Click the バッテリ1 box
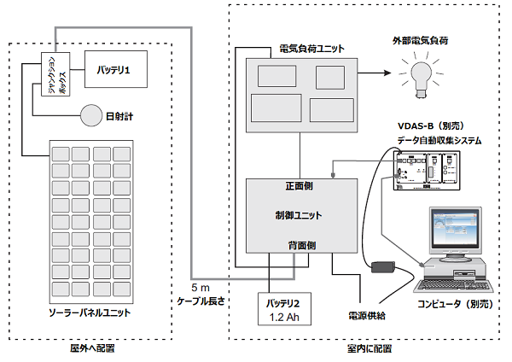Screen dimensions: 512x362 pos(116,69)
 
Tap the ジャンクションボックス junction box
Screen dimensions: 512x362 pos(55,73)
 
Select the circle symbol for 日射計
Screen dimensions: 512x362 pos(91,115)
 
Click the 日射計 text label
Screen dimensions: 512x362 pos(119,116)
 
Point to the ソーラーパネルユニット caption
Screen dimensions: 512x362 pos(90,312)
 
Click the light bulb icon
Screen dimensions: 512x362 pos(421,78)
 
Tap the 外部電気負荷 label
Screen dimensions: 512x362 pos(420,40)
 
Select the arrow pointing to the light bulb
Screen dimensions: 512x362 pos(375,73)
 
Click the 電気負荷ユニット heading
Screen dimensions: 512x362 pos(311,49)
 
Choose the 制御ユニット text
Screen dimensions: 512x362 pos(299,215)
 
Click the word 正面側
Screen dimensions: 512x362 pos(300,186)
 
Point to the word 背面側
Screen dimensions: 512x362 pos(302,245)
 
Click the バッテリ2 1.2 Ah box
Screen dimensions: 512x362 pos(284,309)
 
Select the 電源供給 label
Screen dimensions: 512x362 pos(367,316)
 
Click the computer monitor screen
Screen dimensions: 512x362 pos(455,228)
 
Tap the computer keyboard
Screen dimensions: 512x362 pos(455,286)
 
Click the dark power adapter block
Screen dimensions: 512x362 pos(383,267)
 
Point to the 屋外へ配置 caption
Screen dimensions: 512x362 pos(92,348)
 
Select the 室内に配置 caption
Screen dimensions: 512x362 pos(369,348)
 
